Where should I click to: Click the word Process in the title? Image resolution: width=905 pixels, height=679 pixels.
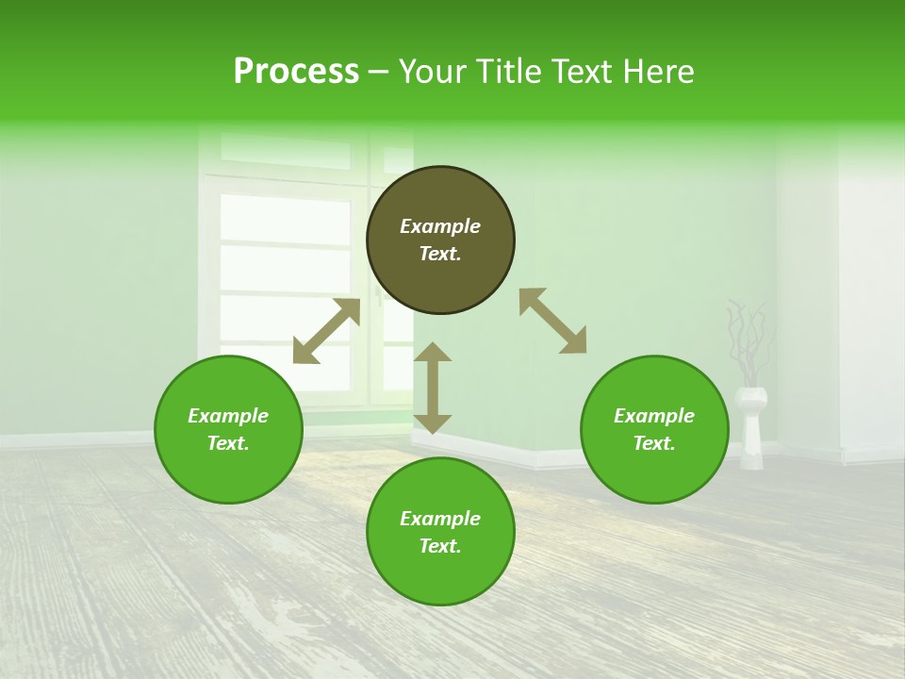tap(296, 72)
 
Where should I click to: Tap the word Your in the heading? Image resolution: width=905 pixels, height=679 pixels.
tap(433, 72)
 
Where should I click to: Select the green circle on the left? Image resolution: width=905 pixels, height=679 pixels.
tap(228, 472)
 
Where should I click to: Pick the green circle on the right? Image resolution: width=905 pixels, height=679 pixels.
tap(654, 472)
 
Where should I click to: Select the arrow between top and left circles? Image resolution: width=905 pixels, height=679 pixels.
tap(326, 331)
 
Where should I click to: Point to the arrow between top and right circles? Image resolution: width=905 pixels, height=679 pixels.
tap(553, 322)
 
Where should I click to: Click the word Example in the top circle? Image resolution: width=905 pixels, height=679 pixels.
tap(440, 226)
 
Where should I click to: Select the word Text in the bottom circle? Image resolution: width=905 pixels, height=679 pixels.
tap(438, 546)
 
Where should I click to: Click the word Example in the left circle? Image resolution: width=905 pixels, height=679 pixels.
tap(228, 416)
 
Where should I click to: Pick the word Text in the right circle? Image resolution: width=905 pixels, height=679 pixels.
tap(651, 443)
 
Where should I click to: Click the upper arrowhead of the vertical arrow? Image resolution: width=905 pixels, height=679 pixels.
tap(433, 353)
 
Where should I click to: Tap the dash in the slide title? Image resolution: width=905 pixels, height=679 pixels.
tap(379, 73)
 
